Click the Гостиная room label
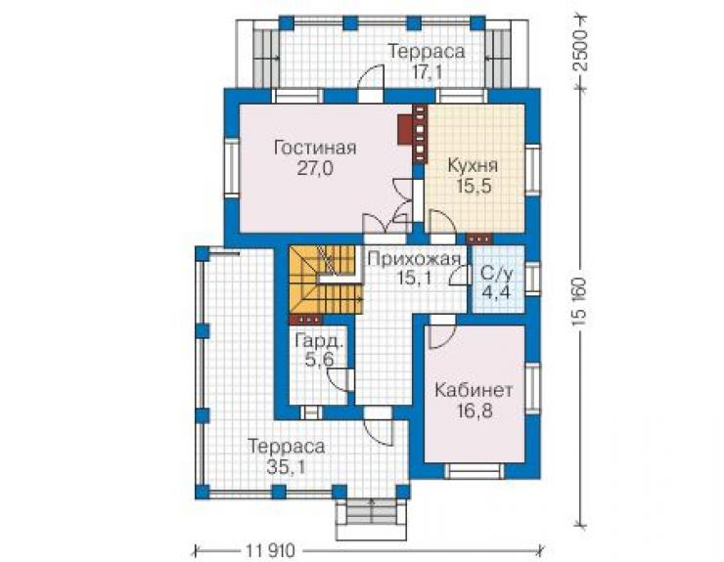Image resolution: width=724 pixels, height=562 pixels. click(315, 149)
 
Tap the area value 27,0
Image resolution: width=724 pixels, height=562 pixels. click(314, 169)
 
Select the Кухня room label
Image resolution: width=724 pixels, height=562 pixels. click(473, 166)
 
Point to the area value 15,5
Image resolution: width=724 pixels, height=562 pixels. click(474, 187)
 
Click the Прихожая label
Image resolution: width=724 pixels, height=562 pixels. click(414, 259)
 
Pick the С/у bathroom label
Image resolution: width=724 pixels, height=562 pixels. click(496, 274)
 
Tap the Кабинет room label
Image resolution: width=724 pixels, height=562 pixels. click(474, 390)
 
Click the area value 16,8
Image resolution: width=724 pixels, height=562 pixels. click(475, 411)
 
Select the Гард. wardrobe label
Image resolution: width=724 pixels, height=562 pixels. click(319, 342)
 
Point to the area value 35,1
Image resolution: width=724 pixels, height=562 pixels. click(286, 467)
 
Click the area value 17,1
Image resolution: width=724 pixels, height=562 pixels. click(427, 72)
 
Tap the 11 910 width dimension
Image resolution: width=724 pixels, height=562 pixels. click(270, 550)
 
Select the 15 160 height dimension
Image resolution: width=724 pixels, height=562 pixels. click(580, 303)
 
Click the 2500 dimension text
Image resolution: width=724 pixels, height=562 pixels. click(580, 50)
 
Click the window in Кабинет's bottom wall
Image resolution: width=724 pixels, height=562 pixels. click(475, 471)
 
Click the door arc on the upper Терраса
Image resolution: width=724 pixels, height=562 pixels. click(372, 77)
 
